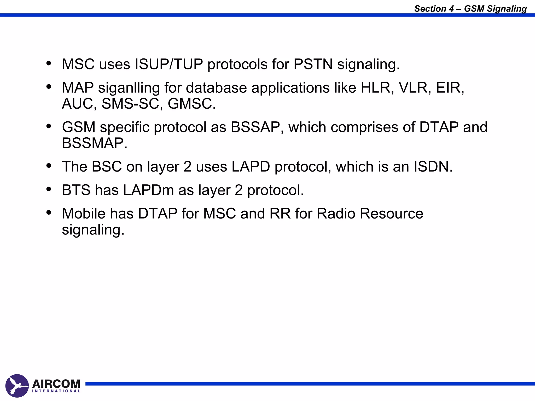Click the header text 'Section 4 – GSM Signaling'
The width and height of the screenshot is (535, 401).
[470, 9]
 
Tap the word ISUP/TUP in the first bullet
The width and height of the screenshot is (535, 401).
[169, 64]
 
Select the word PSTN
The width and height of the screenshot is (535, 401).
[313, 64]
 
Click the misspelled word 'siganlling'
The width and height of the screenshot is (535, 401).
[129, 88]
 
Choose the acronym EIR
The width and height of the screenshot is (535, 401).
[450, 88]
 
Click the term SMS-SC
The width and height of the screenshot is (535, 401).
[132, 104]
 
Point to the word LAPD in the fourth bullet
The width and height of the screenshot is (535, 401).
[251, 167]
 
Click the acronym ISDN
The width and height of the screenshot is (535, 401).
[433, 167]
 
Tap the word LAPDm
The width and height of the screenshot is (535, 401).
[148, 190]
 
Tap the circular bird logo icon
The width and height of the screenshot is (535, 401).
[17, 386]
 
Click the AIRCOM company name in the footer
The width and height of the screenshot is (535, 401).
[56, 384]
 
